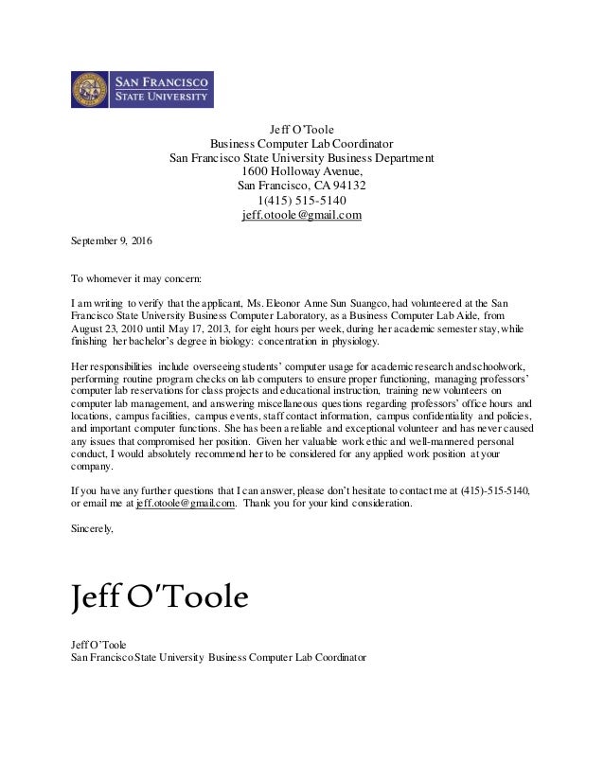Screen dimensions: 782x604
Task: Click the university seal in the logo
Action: click(91, 90)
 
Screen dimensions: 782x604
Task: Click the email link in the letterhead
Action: click(301, 215)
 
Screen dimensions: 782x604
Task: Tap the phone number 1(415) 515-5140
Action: click(302, 201)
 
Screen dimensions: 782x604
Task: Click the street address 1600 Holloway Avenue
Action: click(302, 171)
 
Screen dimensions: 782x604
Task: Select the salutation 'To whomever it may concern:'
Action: click(136, 279)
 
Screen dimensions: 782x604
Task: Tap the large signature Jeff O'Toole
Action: click(159, 598)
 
